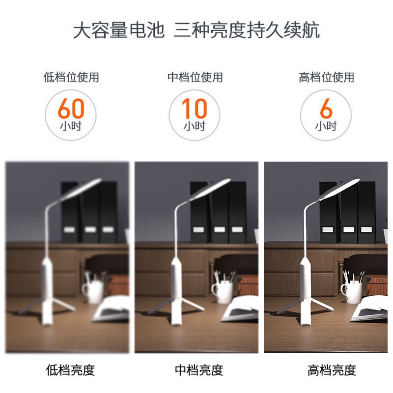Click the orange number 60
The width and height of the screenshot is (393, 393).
[71, 108]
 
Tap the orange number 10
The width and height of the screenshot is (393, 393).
[195, 108]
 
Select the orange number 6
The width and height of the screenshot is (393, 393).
[326, 108]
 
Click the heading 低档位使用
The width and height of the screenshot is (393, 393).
[71, 77]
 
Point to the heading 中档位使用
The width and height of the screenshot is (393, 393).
[195, 77]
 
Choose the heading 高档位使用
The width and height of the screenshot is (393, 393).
[326, 77]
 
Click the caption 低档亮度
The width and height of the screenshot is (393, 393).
[70, 370]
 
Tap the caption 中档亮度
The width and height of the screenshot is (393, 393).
[199, 370]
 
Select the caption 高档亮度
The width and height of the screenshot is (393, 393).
[332, 370]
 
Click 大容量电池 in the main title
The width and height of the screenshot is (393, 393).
[119, 30]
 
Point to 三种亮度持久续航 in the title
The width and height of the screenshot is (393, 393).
[247, 30]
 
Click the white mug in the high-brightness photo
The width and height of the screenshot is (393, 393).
[351, 291]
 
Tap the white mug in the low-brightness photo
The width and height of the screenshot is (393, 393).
[93, 291]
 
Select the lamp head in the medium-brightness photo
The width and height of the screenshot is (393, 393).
[211, 189]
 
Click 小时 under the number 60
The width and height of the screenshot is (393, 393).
[71, 126]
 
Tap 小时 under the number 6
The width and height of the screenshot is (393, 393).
[326, 126]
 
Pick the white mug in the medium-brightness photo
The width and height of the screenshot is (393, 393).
[223, 291]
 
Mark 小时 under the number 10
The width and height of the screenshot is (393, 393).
[195, 126]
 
